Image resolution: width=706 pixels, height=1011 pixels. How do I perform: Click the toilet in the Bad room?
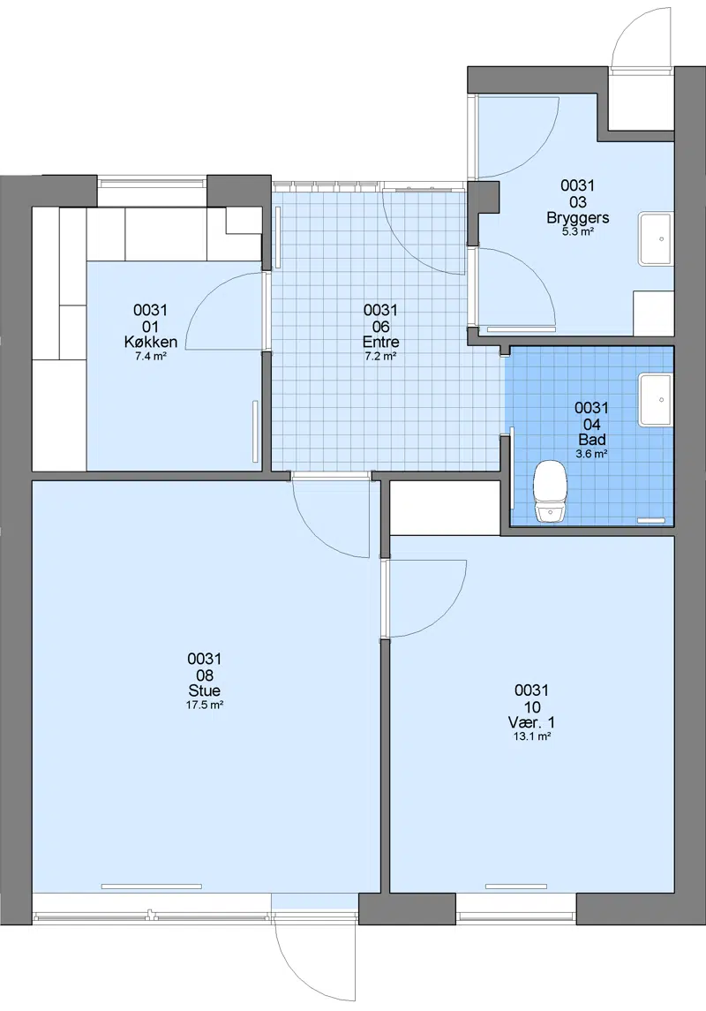pos(550,490)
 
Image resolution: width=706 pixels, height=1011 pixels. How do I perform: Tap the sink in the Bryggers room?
pos(656,238)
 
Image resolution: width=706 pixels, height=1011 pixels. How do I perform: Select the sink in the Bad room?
pos(656,400)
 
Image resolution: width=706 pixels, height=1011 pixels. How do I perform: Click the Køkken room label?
pos(151,343)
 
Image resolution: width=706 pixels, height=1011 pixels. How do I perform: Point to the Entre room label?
pos(380,343)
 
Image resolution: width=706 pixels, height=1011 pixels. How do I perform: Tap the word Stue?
pos(204,690)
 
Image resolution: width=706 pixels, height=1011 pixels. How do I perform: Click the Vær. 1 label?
pos(531,722)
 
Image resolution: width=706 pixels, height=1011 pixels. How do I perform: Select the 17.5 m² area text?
pos(204,705)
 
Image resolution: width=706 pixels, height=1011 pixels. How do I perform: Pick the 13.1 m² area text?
pos(531,736)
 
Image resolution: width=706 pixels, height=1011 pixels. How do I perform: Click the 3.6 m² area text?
pos(591,454)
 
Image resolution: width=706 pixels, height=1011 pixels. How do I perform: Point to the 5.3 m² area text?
pos(578,231)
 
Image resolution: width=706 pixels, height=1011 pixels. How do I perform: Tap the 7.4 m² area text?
pos(151,356)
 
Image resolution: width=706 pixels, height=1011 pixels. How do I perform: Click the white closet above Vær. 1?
pos(445,508)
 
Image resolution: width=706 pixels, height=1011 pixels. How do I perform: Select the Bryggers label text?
pos(578,217)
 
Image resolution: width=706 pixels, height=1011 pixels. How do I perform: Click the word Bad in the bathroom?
pos(591,440)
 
